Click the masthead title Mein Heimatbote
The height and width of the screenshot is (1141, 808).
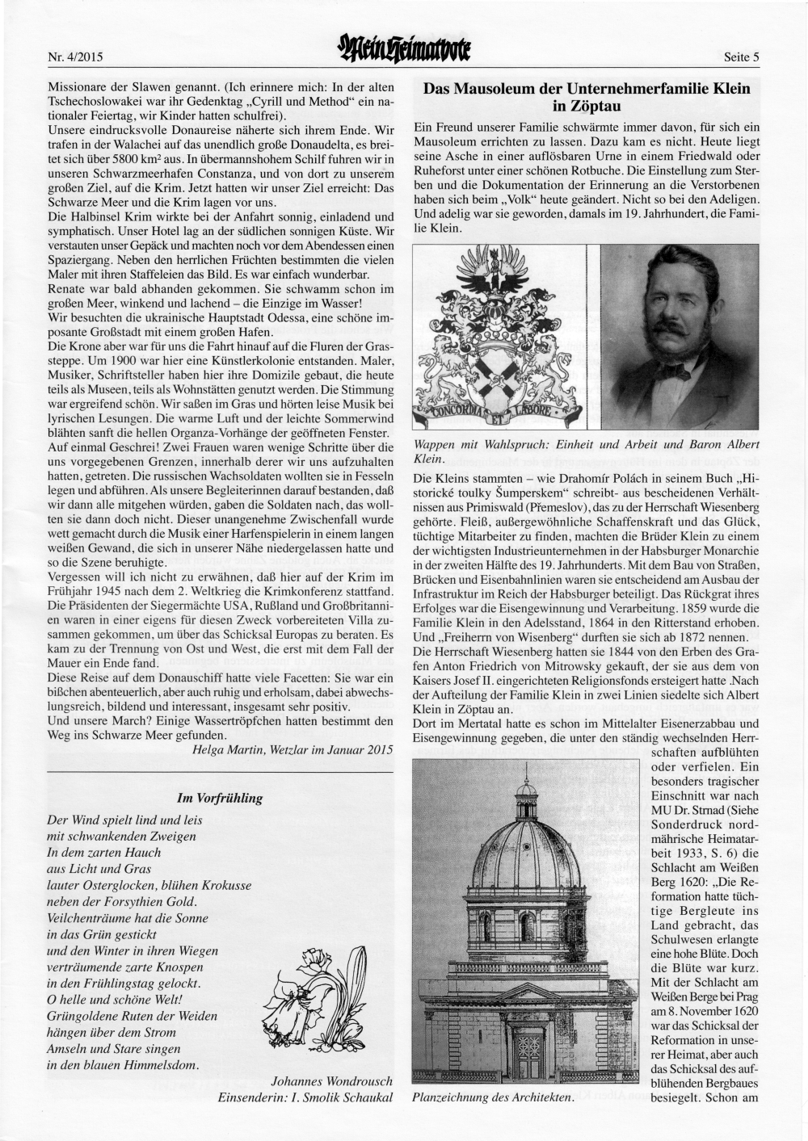[x=404, y=51]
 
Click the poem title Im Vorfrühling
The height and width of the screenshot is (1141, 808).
[x=220, y=798]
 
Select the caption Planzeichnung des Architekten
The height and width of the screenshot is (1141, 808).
[x=493, y=1097]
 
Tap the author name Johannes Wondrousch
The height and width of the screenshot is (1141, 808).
[x=332, y=1080]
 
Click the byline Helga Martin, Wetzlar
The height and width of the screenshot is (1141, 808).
[x=292, y=749]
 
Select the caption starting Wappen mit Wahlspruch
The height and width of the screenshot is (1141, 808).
[x=586, y=451]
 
